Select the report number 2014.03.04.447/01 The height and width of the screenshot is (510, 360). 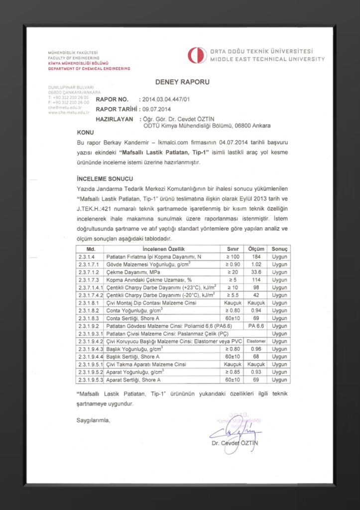166,100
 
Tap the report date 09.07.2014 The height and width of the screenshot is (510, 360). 156,110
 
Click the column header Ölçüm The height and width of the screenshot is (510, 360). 256,249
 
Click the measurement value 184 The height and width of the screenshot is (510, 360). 256,256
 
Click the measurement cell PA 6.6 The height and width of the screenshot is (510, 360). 256,326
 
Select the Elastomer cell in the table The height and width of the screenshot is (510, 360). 256,341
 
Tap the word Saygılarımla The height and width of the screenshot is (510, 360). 93,421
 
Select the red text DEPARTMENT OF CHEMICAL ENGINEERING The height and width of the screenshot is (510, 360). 89,69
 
